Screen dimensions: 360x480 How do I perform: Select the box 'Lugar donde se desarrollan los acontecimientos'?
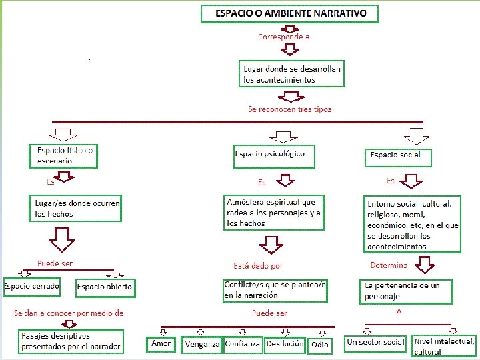[292, 74]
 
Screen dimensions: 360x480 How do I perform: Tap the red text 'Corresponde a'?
[283, 37]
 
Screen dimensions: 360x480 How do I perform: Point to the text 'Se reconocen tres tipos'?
[289, 109]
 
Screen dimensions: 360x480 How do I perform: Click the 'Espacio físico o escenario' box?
[64, 156]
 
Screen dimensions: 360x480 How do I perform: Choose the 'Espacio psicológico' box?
[273, 156]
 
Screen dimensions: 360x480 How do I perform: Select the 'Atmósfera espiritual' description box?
[273, 213]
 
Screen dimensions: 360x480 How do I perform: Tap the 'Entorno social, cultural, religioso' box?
[412, 224]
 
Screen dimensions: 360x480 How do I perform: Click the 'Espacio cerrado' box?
[31, 287]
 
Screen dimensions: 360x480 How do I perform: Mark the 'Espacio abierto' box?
[105, 288]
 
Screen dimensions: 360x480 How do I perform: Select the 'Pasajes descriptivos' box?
[71, 341]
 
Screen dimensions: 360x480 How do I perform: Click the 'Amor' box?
[161, 344]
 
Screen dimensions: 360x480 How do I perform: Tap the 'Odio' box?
[320, 345]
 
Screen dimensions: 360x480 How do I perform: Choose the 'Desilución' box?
[285, 344]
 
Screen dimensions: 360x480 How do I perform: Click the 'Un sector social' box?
[375, 343]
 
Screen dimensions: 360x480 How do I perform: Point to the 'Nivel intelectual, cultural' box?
[444, 346]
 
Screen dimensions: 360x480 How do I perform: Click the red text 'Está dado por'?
[258, 265]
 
